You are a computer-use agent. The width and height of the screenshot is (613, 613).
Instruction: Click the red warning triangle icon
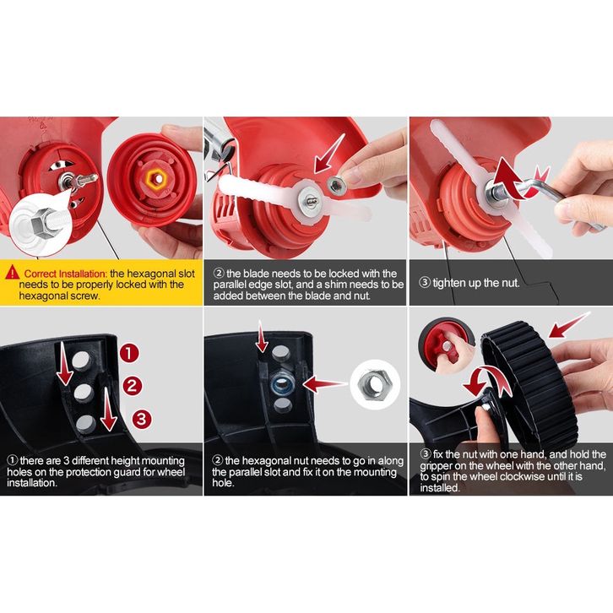click(x=13, y=272)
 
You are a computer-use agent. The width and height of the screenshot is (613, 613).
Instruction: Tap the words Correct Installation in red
click(x=65, y=274)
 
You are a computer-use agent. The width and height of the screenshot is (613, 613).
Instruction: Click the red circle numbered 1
click(x=129, y=353)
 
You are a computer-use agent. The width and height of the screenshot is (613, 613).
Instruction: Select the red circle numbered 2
click(x=133, y=386)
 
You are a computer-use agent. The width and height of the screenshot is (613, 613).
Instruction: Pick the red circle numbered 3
click(x=142, y=419)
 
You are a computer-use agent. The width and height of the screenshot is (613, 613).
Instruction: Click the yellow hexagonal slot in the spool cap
click(x=156, y=180)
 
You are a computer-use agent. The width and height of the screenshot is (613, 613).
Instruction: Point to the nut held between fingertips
click(x=334, y=183)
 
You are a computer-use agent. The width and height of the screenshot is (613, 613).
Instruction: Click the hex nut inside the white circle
click(x=375, y=384)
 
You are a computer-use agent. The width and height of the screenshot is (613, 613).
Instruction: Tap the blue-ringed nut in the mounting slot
click(x=282, y=383)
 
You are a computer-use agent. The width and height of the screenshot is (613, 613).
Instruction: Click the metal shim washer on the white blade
click(x=310, y=201)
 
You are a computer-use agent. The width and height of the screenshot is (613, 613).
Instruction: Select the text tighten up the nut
click(x=476, y=283)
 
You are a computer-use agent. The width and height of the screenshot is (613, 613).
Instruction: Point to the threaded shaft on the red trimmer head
click(x=81, y=181)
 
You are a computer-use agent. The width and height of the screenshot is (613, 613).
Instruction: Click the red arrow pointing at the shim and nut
click(x=328, y=154)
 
